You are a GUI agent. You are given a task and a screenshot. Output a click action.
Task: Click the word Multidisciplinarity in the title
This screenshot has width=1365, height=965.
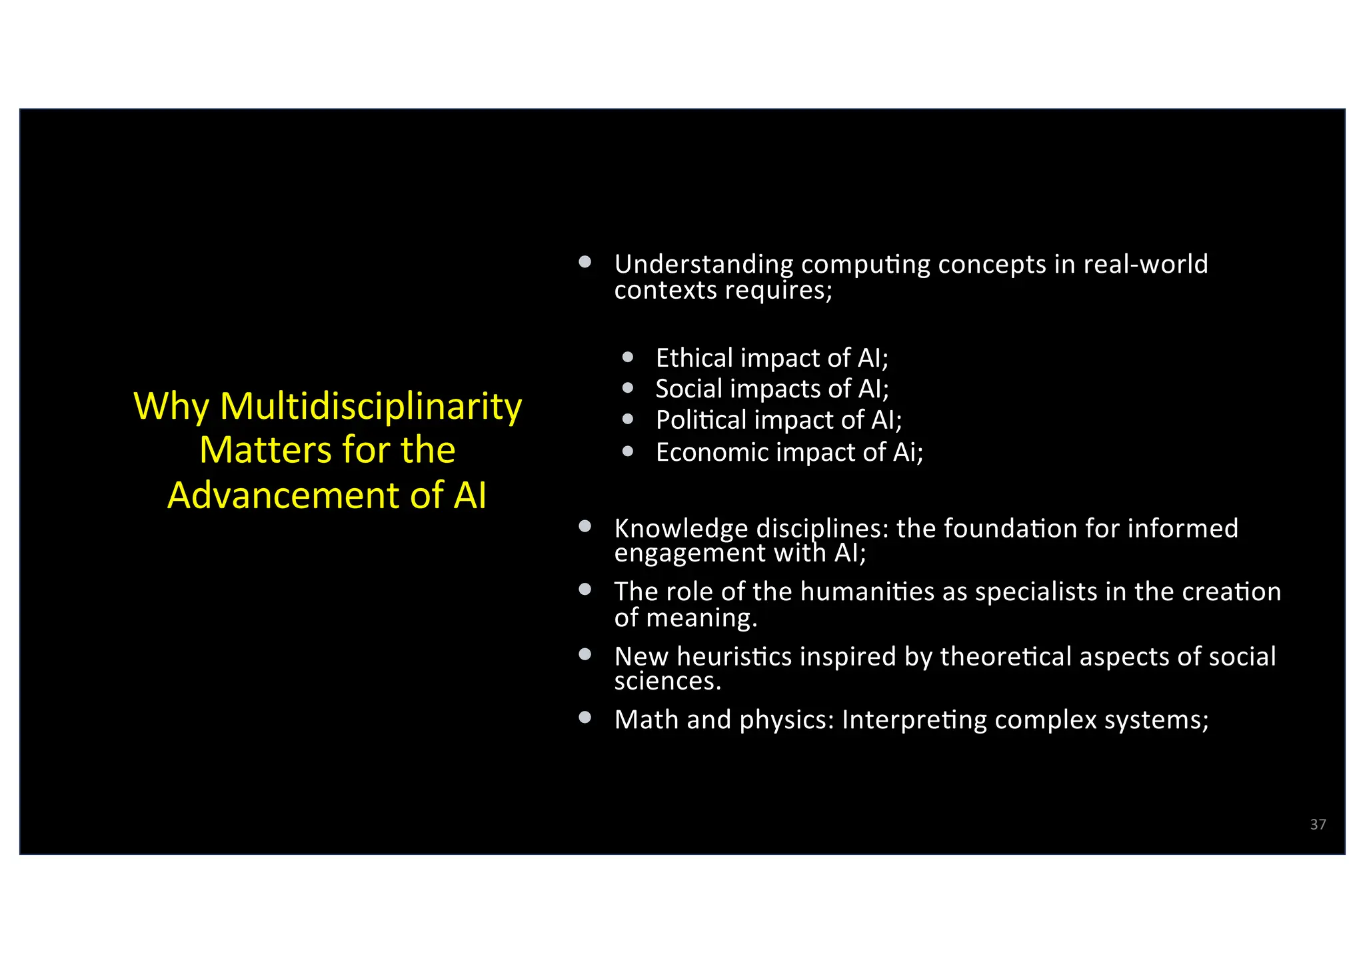371,406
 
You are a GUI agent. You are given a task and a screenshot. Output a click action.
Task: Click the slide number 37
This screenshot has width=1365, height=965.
1318,824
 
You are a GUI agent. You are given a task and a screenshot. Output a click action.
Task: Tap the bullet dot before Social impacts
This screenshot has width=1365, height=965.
627,387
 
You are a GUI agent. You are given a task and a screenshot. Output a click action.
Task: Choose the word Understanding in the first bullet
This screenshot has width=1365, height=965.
704,265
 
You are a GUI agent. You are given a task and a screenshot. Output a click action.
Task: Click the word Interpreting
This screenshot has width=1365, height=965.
914,720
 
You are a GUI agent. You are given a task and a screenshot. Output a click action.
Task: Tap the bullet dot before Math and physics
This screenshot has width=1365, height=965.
585,718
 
